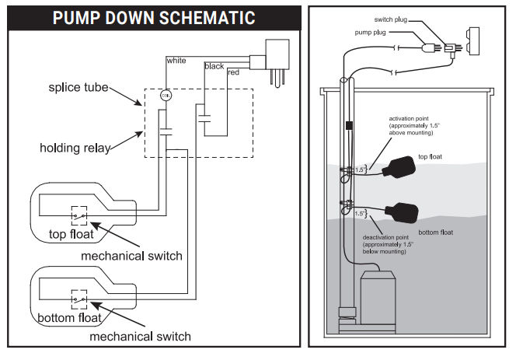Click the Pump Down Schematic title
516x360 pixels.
[x=153, y=17]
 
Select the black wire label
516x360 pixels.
[x=214, y=66]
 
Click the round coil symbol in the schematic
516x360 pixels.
[x=165, y=96]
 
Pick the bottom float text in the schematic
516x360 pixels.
[x=68, y=318]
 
